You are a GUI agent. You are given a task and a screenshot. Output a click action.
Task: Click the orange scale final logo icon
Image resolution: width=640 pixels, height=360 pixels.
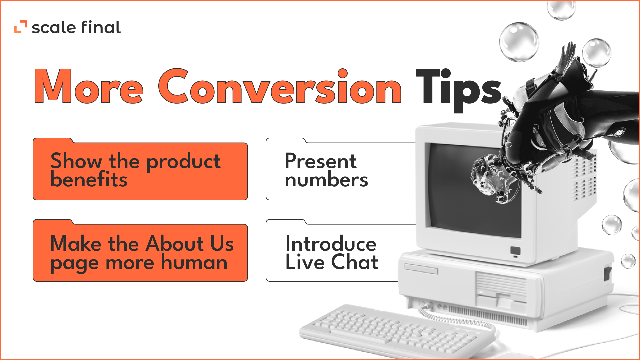pyautogui.click(x=21, y=27)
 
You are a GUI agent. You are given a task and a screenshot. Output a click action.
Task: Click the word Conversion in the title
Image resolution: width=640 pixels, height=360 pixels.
pyautogui.click(x=280, y=86)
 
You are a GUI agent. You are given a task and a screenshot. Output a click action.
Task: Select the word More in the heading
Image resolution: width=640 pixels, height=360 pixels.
pyautogui.click(x=89, y=86)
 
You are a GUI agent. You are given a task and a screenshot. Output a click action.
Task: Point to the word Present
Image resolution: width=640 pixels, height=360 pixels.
pyautogui.click(x=321, y=161)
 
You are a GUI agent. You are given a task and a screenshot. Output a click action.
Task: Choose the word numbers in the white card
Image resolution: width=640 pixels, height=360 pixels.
pyautogui.click(x=326, y=180)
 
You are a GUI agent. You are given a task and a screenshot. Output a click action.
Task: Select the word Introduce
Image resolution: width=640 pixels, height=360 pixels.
pyautogui.click(x=331, y=243)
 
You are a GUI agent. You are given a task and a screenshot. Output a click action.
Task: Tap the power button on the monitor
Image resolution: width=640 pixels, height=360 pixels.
pyautogui.click(x=515, y=251)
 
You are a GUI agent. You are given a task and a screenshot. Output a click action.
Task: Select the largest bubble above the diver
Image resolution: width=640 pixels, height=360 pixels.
pyautogui.click(x=519, y=42)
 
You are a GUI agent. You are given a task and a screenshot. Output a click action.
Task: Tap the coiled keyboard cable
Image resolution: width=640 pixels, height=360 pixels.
pyautogui.click(x=453, y=319)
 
